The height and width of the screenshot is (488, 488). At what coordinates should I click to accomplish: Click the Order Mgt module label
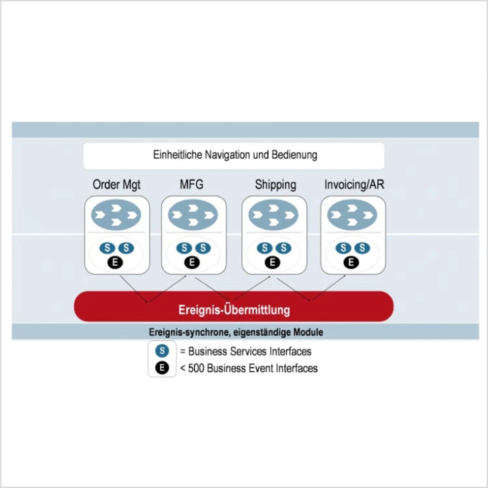[116, 185]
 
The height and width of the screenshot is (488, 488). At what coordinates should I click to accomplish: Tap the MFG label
[191, 185]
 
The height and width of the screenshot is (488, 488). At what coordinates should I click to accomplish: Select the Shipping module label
[275, 185]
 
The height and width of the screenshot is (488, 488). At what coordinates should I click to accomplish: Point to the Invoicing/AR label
[354, 185]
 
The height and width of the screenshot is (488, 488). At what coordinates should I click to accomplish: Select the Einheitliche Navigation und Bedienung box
[234, 156]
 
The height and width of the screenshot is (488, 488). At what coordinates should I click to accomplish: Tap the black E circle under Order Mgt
[115, 262]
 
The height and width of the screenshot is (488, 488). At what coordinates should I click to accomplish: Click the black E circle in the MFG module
[192, 262]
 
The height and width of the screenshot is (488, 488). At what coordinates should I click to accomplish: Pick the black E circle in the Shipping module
[272, 262]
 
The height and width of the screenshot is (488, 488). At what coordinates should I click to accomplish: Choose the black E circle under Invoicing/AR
[351, 262]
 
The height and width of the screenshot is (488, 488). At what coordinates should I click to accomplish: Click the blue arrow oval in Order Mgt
[116, 215]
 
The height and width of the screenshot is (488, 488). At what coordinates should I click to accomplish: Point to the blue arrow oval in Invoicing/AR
[352, 215]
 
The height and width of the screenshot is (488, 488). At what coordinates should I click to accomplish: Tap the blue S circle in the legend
[162, 351]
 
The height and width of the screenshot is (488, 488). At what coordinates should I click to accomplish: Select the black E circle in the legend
[162, 368]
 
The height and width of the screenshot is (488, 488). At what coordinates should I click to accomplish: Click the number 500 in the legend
[196, 368]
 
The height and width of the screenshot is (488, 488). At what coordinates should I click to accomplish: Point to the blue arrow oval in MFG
[193, 215]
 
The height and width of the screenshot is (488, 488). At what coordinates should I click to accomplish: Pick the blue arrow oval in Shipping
[273, 215]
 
